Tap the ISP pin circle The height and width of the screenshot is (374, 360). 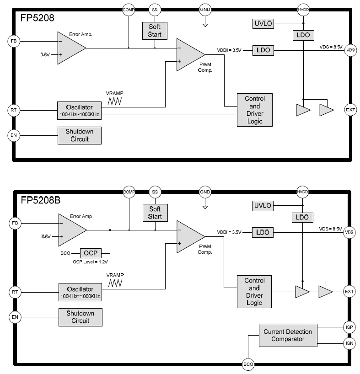click(x=349, y=327)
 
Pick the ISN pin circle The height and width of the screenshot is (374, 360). click(x=349, y=342)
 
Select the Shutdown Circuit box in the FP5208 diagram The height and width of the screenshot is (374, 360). click(x=79, y=135)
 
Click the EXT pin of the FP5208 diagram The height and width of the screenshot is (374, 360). click(x=350, y=110)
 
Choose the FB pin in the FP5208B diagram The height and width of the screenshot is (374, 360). click(x=14, y=223)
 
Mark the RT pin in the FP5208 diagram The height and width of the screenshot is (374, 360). click(x=14, y=110)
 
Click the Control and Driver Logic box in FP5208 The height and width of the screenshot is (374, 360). click(x=255, y=110)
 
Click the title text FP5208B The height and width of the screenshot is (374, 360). click(x=39, y=200)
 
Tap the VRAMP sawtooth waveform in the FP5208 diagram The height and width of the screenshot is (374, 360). click(x=114, y=102)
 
